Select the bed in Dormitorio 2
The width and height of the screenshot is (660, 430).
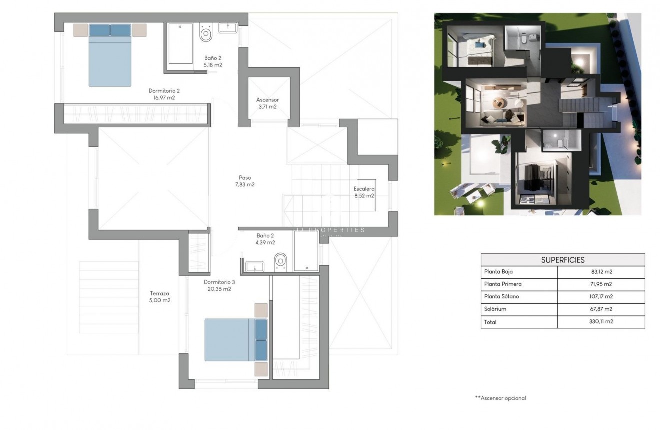(110, 55)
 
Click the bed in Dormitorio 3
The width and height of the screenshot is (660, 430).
(236, 340)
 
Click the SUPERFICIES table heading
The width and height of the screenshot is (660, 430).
(562, 260)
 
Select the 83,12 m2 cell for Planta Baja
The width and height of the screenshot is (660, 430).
(601, 272)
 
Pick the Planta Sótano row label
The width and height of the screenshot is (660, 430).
(502, 297)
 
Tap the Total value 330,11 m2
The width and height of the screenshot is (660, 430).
(601, 322)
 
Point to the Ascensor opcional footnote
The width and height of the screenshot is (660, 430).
(500, 398)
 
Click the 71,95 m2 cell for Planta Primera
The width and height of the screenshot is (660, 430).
(601, 284)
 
